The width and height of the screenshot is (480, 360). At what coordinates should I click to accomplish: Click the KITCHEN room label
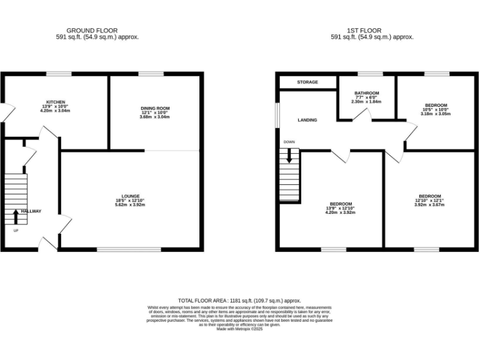[x=56, y=102]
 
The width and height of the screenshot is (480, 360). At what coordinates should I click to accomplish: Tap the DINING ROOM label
[x=154, y=108]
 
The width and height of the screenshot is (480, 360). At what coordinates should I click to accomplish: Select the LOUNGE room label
[x=131, y=196]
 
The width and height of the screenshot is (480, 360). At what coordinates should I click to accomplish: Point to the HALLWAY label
[x=31, y=211]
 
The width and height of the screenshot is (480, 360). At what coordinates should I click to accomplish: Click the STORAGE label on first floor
[x=307, y=82]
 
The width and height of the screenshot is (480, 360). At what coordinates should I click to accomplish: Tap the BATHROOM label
[x=366, y=92]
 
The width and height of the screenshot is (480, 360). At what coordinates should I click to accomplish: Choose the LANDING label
[x=307, y=120]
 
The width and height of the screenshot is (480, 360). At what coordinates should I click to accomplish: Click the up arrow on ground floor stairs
[x=16, y=216]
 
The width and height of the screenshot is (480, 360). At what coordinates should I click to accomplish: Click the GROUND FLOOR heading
[x=92, y=31]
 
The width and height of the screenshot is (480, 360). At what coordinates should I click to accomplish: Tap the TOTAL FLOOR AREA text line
[x=239, y=301]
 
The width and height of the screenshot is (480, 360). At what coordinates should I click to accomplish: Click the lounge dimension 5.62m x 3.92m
[x=131, y=204]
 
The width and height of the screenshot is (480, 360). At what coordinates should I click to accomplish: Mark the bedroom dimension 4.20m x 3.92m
[x=341, y=212]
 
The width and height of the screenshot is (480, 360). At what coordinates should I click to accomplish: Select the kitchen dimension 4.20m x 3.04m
[x=56, y=111]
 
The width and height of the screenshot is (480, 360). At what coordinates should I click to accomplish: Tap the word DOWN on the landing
[x=289, y=142]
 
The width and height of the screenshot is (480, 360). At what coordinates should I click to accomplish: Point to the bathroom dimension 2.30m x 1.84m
[x=366, y=101]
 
